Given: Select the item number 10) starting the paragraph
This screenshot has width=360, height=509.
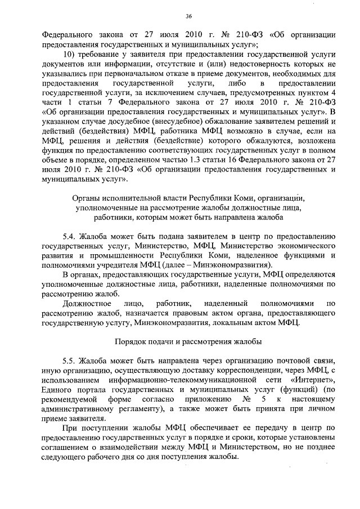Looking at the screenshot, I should (70, 53).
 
